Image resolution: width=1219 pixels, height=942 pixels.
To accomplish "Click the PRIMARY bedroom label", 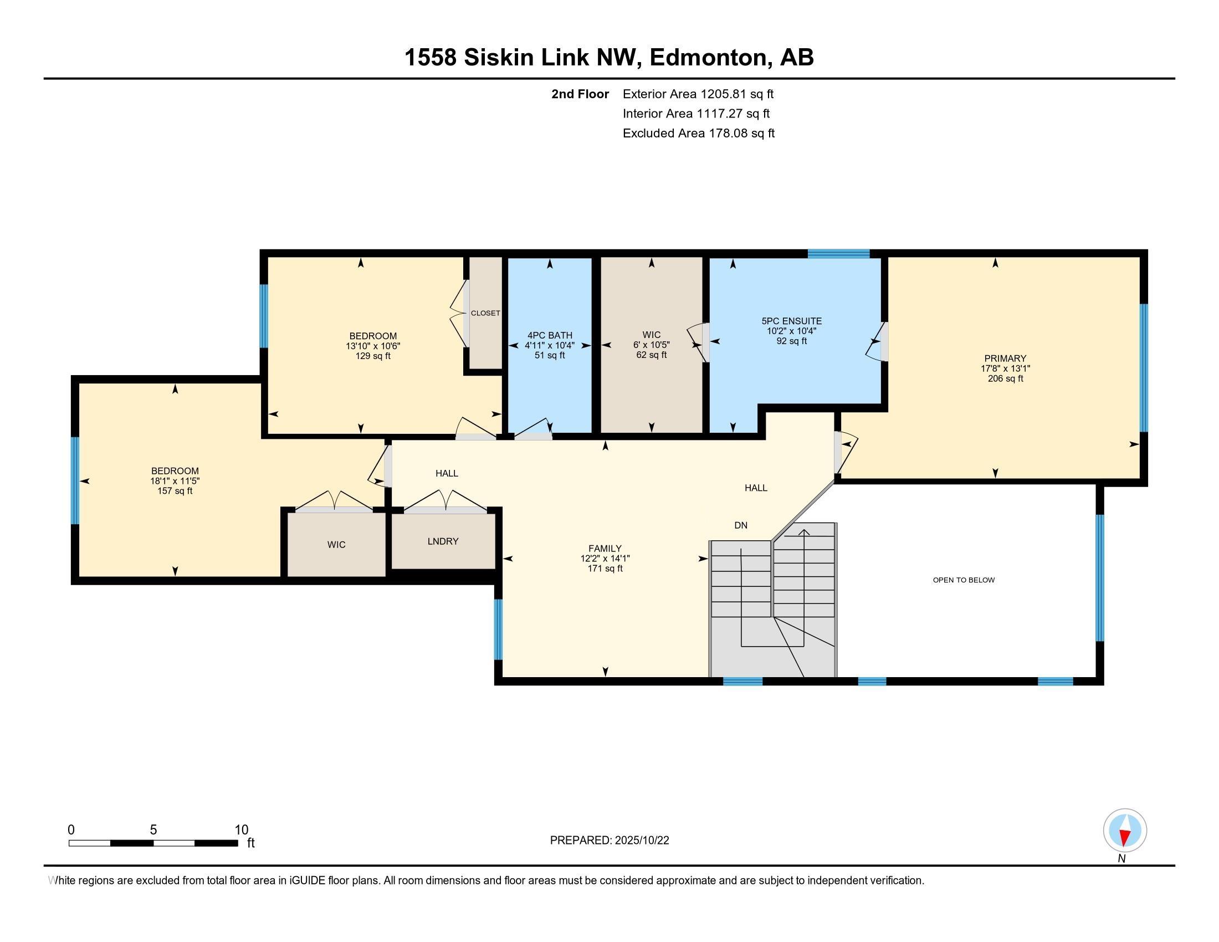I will tap(1005, 359).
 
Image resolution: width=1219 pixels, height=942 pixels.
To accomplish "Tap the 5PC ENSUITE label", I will tap(791, 321).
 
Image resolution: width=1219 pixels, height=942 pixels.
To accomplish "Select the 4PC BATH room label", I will tap(550, 335).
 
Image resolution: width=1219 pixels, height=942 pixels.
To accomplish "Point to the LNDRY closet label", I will tap(443, 541).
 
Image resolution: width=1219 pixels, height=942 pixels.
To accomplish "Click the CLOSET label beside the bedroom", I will tap(485, 313).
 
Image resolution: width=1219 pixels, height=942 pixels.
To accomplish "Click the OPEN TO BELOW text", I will tap(964, 580).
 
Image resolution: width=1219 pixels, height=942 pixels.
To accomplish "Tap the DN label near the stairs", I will tap(740, 525).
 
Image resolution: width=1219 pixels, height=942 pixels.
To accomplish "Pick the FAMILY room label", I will tap(605, 549).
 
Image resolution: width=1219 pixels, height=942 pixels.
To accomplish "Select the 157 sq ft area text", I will tap(175, 491).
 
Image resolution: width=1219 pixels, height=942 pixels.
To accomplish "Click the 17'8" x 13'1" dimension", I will tap(1005, 368).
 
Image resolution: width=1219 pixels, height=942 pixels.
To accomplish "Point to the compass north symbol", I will tap(1125, 831).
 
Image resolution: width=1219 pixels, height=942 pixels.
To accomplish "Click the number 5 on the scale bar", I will tap(153, 830).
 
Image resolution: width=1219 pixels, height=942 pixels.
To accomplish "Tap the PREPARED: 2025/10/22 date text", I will tap(609, 841).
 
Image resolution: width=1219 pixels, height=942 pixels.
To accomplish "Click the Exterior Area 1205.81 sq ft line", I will tap(698, 94).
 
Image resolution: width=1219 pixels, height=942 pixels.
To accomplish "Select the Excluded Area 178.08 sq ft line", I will tap(698, 133).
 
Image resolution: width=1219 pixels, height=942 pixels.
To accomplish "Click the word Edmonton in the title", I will tap(708, 58).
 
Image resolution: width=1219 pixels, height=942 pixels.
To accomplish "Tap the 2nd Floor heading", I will tap(580, 94).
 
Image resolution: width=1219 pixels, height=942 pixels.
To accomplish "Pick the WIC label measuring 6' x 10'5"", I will tap(652, 335).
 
